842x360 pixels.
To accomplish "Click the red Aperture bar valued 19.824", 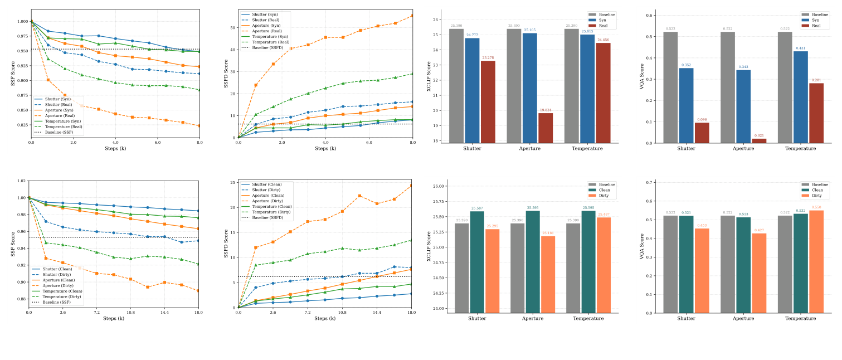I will coord(546,128).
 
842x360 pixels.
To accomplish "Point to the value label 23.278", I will coord(488,57).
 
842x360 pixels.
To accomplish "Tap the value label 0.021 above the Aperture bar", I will coord(759,135).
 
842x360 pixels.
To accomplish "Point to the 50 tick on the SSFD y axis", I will coord(232,27).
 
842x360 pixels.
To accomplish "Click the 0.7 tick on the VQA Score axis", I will coord(649,182).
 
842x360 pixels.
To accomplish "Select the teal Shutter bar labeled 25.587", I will coord(477,262).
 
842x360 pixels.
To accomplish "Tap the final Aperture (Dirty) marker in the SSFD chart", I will coord(412,186).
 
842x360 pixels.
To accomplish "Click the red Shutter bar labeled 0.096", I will coord(701,133).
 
